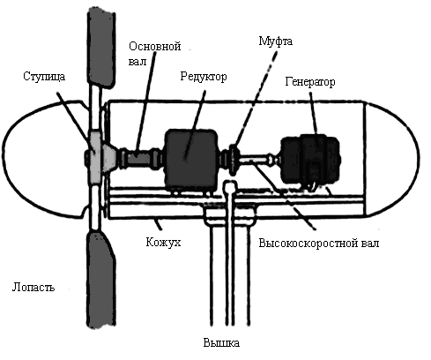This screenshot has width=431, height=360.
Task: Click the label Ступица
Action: [44, 77]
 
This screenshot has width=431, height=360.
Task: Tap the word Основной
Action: [155, 46]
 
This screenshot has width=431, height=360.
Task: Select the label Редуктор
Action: [204, 77]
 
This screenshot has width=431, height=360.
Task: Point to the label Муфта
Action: [275, 41]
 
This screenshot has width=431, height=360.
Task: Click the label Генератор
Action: [310, 82]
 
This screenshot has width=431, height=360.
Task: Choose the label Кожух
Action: [163, 242]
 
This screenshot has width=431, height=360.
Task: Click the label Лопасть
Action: [33, 287]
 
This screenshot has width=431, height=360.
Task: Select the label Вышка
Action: [221, 343]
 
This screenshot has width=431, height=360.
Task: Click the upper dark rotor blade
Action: [101, 47]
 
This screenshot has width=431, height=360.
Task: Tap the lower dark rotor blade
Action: [101, 280]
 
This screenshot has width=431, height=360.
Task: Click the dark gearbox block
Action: [191, 161]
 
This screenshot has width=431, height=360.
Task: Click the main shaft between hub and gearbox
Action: [140, 159]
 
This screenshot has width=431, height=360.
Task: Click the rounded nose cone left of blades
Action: [44, 160]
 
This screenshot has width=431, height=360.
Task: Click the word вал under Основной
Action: [137, 62]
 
